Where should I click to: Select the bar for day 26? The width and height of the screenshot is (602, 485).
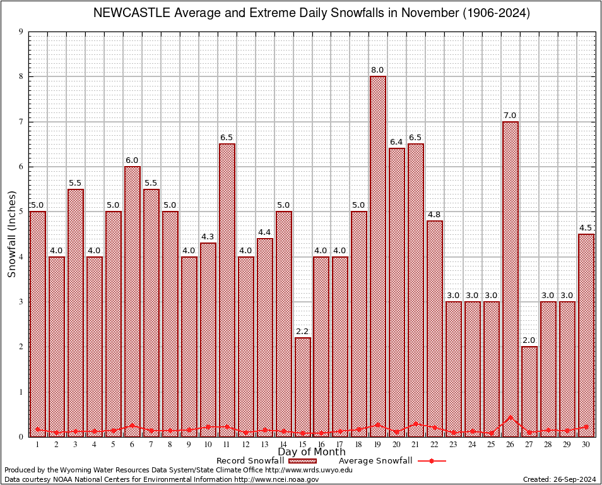point(511,278)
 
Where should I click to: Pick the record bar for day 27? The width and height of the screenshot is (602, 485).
point(529,391)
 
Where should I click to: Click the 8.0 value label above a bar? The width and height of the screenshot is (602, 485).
point(378,70)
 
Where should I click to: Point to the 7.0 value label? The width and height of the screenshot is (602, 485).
point(511,116)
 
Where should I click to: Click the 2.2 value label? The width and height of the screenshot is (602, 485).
point(302,332)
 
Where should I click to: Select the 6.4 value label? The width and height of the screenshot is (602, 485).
point(397,142)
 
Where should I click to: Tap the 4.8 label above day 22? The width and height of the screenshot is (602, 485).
point(435,215)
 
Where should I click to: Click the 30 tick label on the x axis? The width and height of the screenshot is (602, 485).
point(586,445)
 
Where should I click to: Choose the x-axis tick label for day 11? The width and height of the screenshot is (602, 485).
point(227,445)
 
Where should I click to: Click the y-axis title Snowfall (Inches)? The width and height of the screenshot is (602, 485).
point(12,234)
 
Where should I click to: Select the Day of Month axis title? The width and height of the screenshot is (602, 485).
point(312,452)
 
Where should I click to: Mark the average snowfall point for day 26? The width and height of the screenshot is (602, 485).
point(511,417)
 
